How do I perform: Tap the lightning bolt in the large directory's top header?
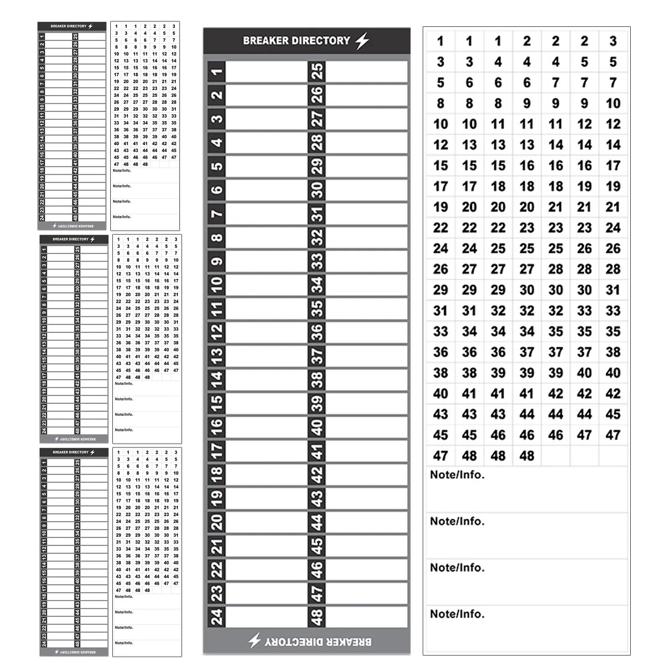point(362,41)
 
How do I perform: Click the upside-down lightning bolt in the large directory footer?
point(255,640)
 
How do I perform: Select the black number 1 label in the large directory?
point(216,72)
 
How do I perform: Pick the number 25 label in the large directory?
point(317,72)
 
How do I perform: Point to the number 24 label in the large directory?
point(216,617)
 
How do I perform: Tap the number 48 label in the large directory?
point(317,617)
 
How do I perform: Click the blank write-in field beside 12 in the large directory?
point(266,333)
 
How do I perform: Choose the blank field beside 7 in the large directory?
point(266,214)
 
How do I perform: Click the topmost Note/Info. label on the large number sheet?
point(457,475)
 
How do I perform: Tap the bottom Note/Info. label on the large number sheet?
point(457,614)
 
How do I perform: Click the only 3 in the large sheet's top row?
point(613,41)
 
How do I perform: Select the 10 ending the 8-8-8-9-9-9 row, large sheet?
point(613,103)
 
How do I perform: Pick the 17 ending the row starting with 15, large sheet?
point(613,166)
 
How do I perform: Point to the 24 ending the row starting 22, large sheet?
point(613,228)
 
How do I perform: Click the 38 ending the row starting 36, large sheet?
point(613,352)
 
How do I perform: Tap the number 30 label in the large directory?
point(317,190)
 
